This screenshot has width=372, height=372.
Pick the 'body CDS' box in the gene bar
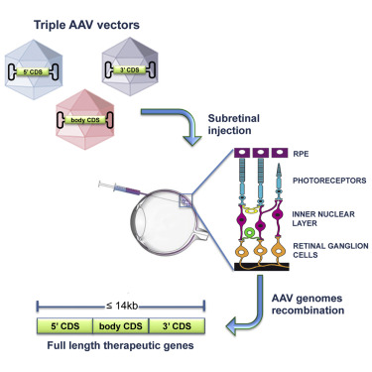(119, 325)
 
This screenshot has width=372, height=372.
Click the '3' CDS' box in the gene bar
(176, 325)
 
